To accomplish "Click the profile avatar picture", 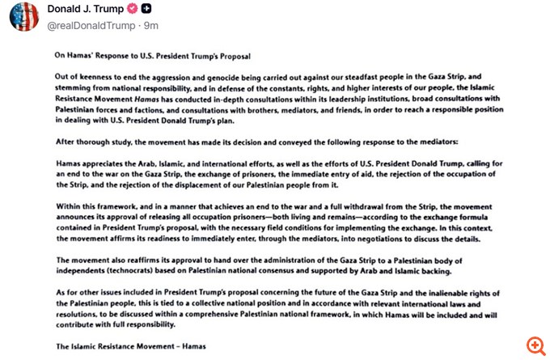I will [23, 16].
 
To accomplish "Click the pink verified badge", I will [132, 9].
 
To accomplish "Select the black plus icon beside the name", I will [146, 9].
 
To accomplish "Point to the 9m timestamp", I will [151, 26].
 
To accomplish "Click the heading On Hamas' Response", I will [153, 57].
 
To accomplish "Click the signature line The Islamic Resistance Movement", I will [130, 345].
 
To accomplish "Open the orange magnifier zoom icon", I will [535, 345].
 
